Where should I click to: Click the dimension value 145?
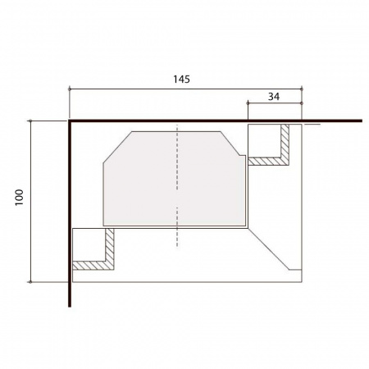tap(181, 80)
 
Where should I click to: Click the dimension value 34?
tap(274, 97)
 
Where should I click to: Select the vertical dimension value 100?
tap(20, 198)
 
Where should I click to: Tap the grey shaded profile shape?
tap(175, 179)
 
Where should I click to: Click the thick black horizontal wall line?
tap(216, 121)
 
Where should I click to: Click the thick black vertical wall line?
tap(70, 213)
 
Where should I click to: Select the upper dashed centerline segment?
tap(177, 157)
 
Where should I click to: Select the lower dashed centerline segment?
tap(177, 227)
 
